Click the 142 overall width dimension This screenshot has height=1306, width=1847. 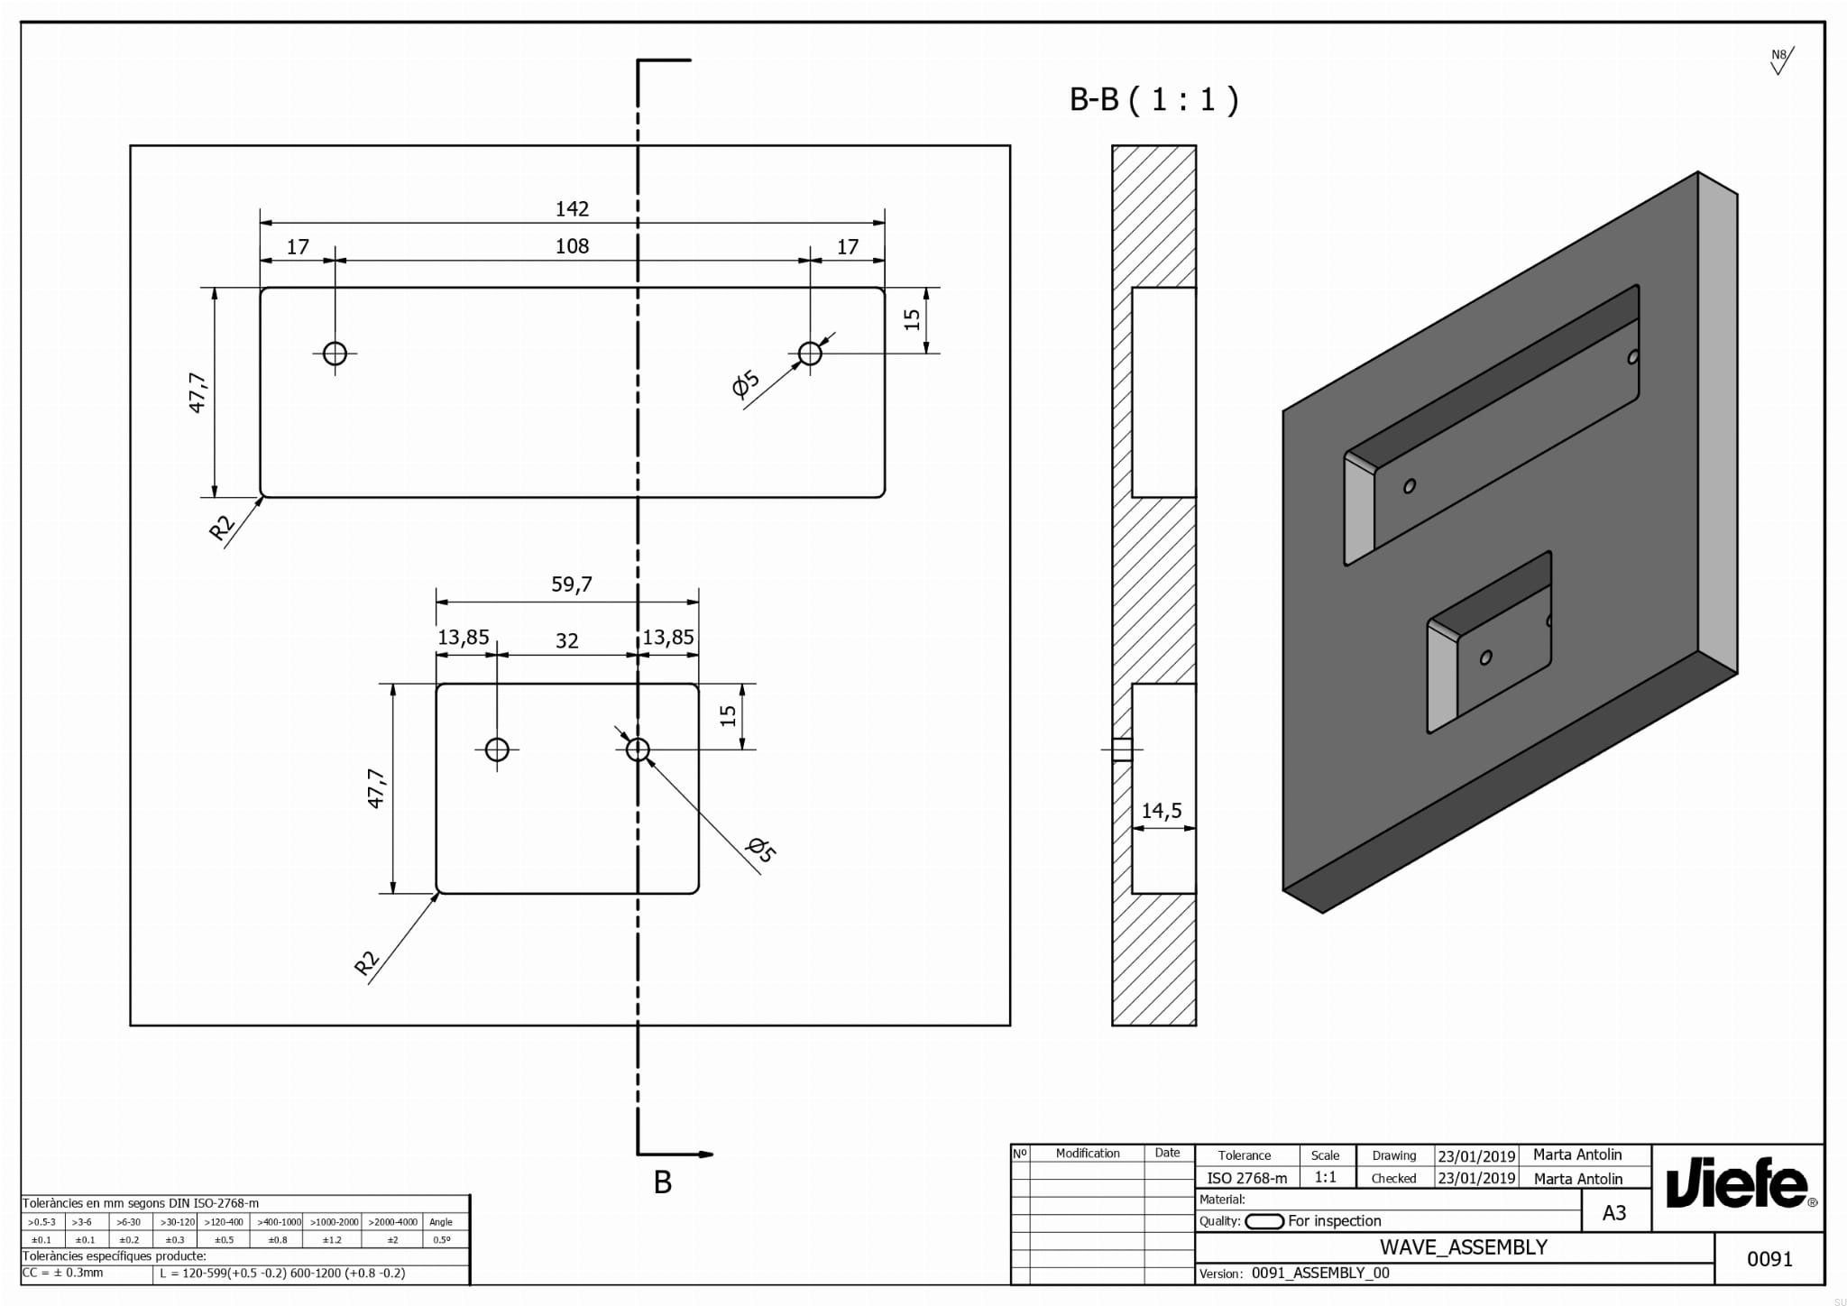572,209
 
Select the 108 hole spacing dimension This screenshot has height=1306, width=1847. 572,246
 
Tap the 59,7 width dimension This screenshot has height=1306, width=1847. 572,584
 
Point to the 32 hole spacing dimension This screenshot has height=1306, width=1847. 566,641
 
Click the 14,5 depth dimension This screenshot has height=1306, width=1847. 1162,811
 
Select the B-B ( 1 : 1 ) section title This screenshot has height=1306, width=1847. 1153,99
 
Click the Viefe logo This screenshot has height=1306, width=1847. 1737,1184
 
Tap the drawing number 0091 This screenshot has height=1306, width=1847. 1769,1259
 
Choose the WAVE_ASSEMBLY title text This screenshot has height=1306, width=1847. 1464,1247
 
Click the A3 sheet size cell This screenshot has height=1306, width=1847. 1614,1213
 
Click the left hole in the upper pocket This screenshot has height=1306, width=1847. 335,353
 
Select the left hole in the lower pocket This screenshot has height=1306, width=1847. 497,750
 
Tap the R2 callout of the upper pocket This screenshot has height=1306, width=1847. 221,527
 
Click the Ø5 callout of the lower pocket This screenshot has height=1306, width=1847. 760,849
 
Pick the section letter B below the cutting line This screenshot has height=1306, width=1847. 663,1182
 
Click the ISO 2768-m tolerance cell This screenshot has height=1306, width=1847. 1246,1178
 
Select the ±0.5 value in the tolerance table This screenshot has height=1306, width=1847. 224,1240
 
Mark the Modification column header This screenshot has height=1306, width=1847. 1088,1154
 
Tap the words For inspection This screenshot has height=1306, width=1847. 1335,1221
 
